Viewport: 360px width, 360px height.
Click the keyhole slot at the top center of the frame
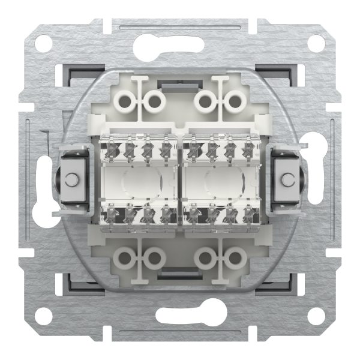(180, 43)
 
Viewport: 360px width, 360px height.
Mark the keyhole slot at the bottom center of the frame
(180, 316)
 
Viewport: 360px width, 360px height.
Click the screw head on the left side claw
(73, 179)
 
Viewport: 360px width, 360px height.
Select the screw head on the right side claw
(287, 179)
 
